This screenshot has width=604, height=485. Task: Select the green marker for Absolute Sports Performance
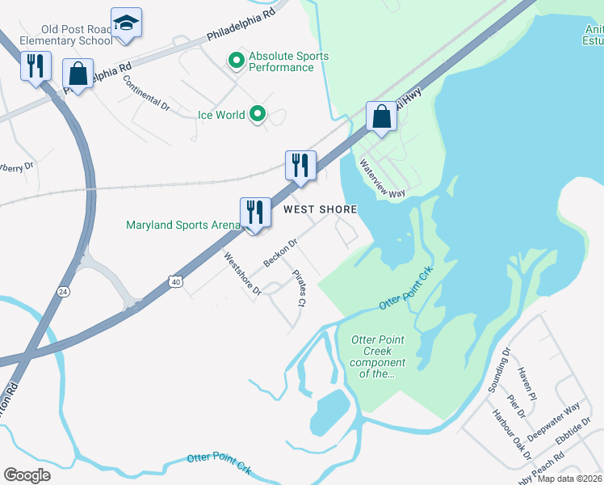pos(237,61)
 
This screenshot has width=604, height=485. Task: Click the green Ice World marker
pos(258,115)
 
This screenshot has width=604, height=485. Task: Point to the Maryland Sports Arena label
pos(183,225)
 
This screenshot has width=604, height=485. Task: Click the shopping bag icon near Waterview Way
pos(381,117)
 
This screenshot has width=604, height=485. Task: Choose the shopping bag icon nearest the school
pos(78,74)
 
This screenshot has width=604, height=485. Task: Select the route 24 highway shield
pos(62,290)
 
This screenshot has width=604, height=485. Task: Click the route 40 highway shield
pos(177,281)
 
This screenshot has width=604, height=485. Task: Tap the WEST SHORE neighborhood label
pos(320,209)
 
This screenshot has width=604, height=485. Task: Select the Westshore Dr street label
pos(242,273)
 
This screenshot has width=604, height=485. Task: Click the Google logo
pos(27,474)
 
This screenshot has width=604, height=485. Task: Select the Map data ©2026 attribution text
pos(569,479)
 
